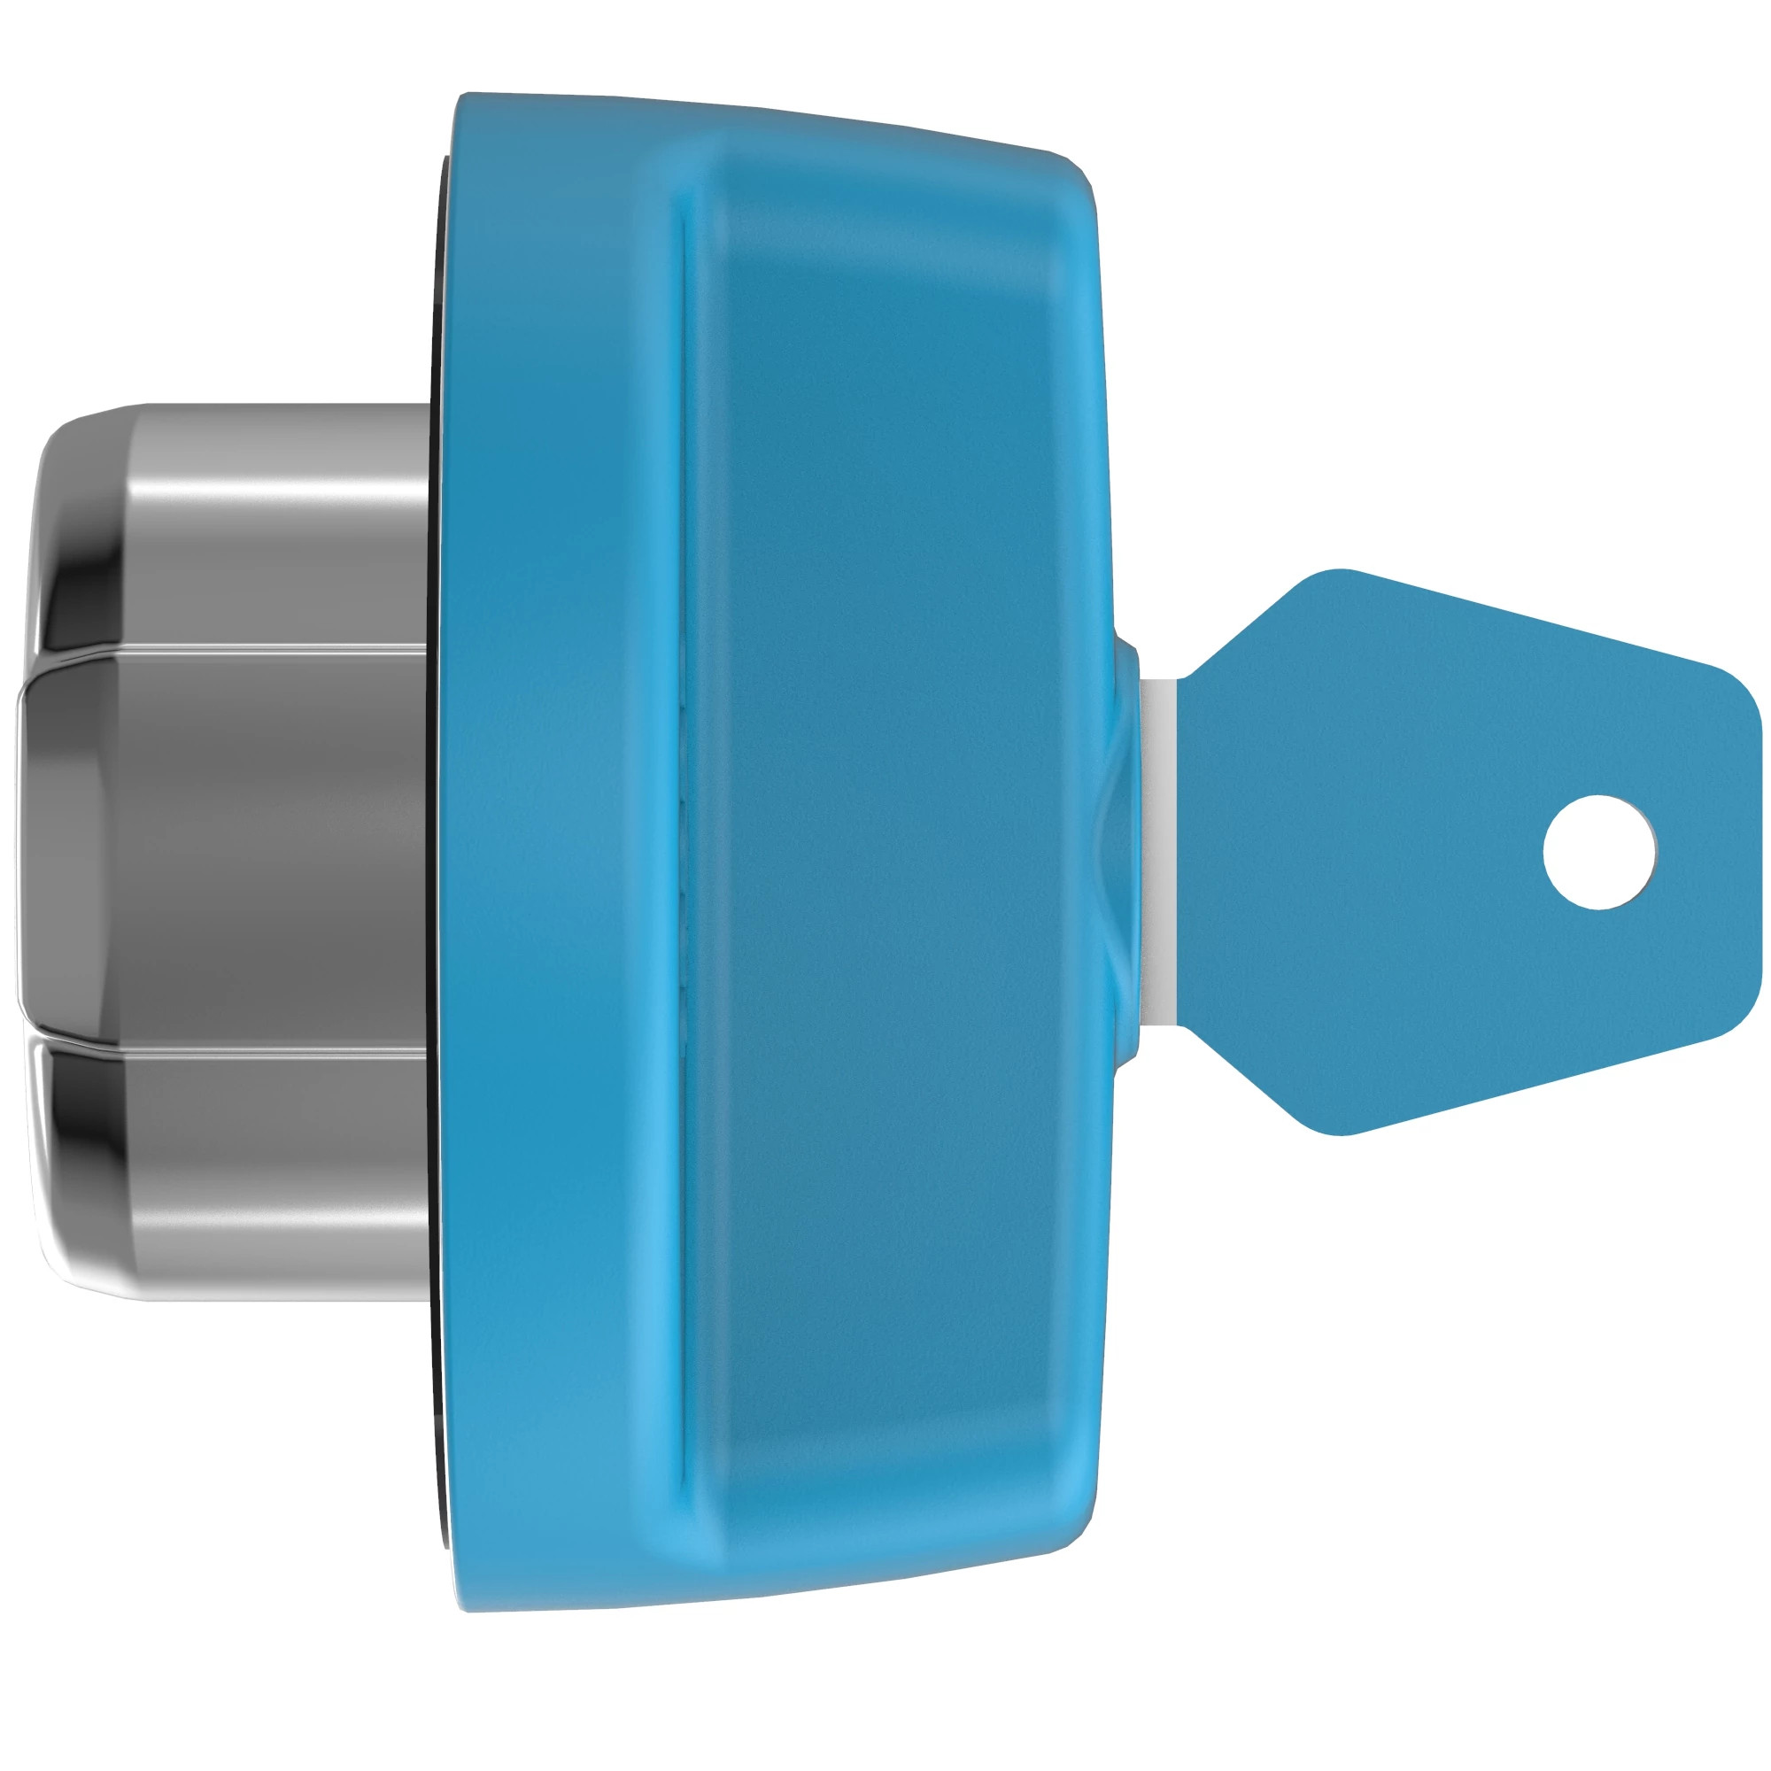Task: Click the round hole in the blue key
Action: coord(1599,852)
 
